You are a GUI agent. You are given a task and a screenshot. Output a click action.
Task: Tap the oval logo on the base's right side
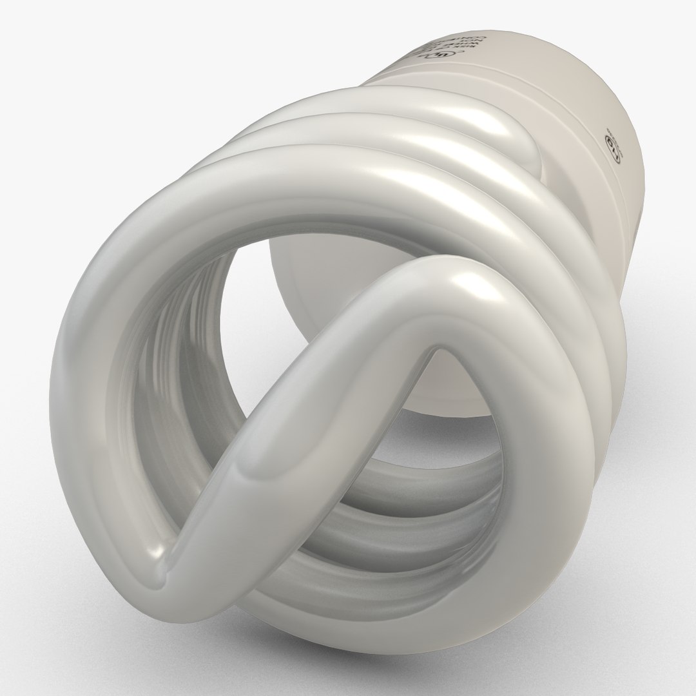[x=612, y=146]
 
